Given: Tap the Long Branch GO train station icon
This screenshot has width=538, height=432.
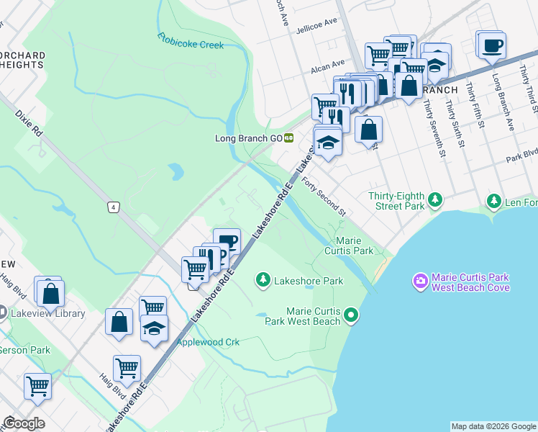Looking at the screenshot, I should (288, 138).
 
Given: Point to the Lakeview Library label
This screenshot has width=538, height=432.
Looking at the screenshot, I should (47, 313).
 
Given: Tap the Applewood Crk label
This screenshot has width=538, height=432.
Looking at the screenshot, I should (208, 342).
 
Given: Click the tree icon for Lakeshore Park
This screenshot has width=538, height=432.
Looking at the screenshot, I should (264, 279).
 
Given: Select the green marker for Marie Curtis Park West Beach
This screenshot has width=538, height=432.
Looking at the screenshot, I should (351, 314).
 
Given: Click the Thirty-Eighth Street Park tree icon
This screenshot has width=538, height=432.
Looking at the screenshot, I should (435, 199).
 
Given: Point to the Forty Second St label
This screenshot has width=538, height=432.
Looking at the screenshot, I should (324, 197).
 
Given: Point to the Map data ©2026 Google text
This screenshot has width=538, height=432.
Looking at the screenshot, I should (493, 426).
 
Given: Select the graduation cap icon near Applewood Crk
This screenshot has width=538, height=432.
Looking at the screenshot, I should (154, 328).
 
